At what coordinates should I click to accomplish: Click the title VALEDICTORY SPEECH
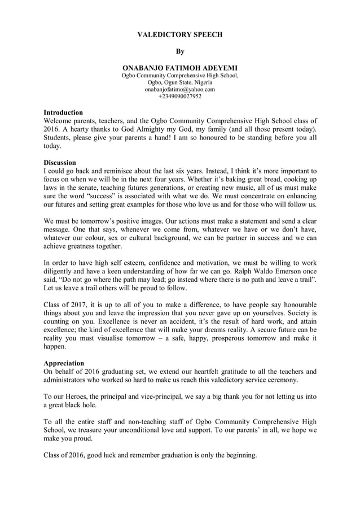coord(180,34)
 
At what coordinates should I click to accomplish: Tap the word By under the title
coord(180,51)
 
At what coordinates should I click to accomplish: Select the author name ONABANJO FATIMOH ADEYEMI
coord(180,67)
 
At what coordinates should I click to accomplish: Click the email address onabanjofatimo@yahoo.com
coord(180,89)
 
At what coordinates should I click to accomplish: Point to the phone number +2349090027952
coord(180,96)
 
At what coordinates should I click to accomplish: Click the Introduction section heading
coord(63,112)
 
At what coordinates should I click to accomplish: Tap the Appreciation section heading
coord(64,363)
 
